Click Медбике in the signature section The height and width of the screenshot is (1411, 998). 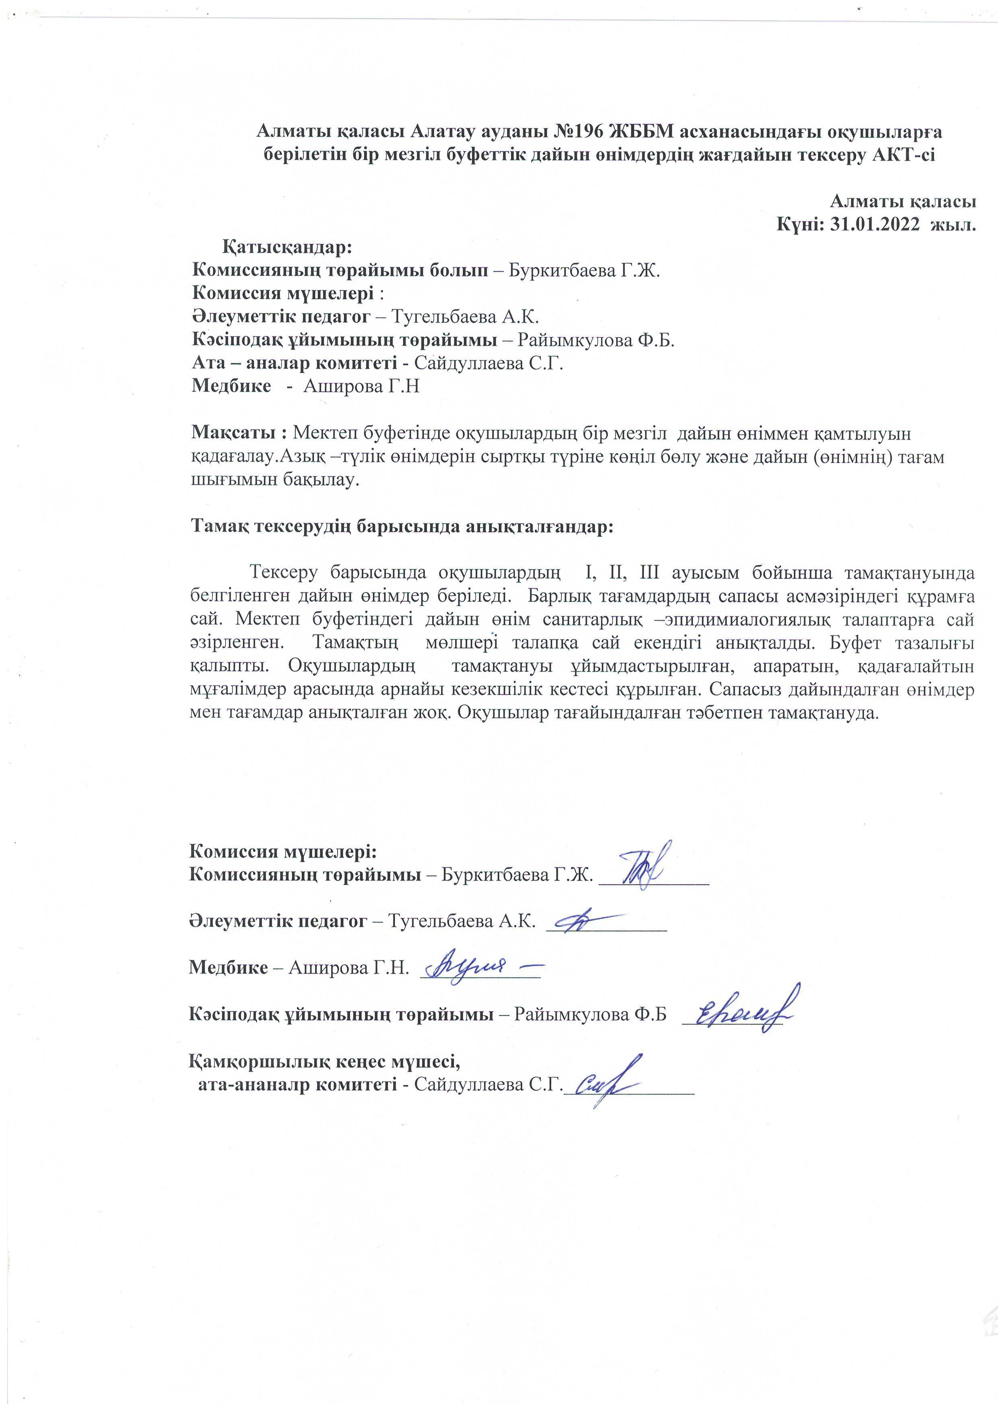pyautogui.click(x=228, y=967)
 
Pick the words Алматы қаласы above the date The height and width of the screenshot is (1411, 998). pyautogui.click(x=903, y=201)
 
